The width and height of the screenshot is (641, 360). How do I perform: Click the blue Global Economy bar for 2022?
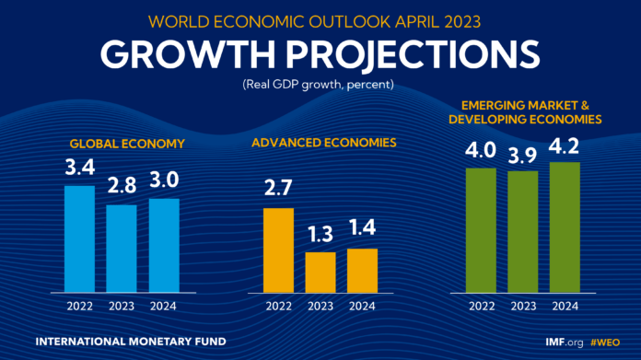click(x=79, y=238)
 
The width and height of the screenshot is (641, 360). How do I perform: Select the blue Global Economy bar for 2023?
click(x=122, y=248)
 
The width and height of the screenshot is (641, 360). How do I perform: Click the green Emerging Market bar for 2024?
click(x=565, y=226)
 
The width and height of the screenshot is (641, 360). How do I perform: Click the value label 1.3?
click(x=320, y=237)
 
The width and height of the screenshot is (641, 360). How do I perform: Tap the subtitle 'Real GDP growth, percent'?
click(x=320, y=86)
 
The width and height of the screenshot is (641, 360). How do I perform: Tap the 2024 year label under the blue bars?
click(x=164, y=306)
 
